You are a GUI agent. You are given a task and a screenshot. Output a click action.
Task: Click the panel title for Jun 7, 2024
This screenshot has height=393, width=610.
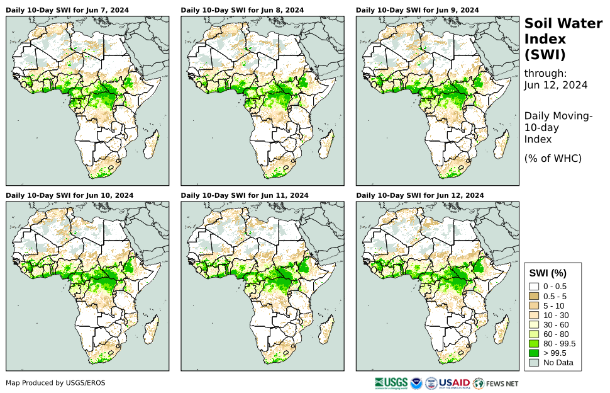pos(67,10)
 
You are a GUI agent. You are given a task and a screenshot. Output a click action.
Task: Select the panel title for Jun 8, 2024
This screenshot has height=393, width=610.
pos(242,10)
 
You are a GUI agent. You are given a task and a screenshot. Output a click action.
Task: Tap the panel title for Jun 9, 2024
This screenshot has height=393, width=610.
pos(417,10)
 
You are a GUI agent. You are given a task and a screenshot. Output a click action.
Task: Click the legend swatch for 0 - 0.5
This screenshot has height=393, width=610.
pos(535,287)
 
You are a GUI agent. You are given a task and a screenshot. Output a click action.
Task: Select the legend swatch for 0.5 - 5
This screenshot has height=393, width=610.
pos(535,296)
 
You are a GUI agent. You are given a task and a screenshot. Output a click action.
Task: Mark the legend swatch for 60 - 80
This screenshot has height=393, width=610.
pos(535,334)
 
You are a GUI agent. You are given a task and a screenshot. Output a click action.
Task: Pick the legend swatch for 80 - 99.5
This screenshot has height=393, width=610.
pos(535,343)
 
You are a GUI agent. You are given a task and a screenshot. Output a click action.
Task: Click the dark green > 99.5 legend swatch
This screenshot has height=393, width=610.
pos(535,353)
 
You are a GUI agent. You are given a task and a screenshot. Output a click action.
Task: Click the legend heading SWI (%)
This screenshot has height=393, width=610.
pos(548,273)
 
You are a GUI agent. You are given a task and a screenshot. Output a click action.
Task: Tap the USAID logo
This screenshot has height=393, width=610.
pos(455,382)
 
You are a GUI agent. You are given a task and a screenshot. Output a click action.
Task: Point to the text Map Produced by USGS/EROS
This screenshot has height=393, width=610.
pos(55,383)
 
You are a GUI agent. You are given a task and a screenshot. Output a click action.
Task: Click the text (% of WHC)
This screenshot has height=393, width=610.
pos(553,158)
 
